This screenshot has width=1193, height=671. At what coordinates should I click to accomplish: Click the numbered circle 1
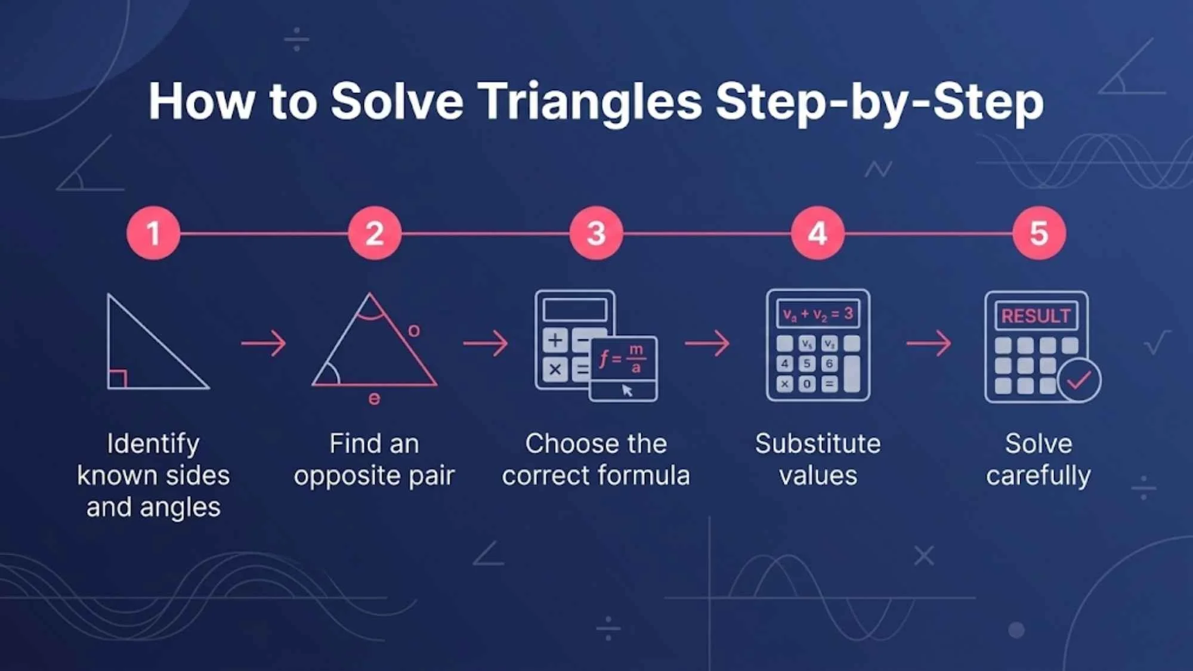tap(153, 233)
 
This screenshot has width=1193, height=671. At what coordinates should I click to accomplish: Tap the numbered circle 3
tap(596, 233)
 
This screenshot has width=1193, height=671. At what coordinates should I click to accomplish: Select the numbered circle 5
tap(1039, 233)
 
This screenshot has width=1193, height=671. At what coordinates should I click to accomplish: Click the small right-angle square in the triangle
tap(117, 379)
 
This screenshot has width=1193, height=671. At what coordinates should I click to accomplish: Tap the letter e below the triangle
tap(374, 398)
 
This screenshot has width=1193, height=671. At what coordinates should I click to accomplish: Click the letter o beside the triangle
tap(414, 330)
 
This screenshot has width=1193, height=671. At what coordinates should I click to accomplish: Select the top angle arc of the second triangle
tap(370, 312)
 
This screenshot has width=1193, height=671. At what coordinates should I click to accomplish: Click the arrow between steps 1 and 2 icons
tap(264, 344)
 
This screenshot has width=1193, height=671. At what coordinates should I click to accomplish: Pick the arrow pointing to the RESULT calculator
tap(929, 344)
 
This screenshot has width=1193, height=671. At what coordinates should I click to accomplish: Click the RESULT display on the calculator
tap(1036, 316)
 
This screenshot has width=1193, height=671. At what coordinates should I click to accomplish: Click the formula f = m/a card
tap(623, 360)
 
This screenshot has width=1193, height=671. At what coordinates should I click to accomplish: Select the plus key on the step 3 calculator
tap(555, 341)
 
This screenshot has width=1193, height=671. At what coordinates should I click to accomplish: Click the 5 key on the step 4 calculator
tap(806, 364)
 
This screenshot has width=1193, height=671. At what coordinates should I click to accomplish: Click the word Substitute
tap(818, 444)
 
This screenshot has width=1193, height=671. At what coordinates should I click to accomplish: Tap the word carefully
tap(1039, 476)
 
